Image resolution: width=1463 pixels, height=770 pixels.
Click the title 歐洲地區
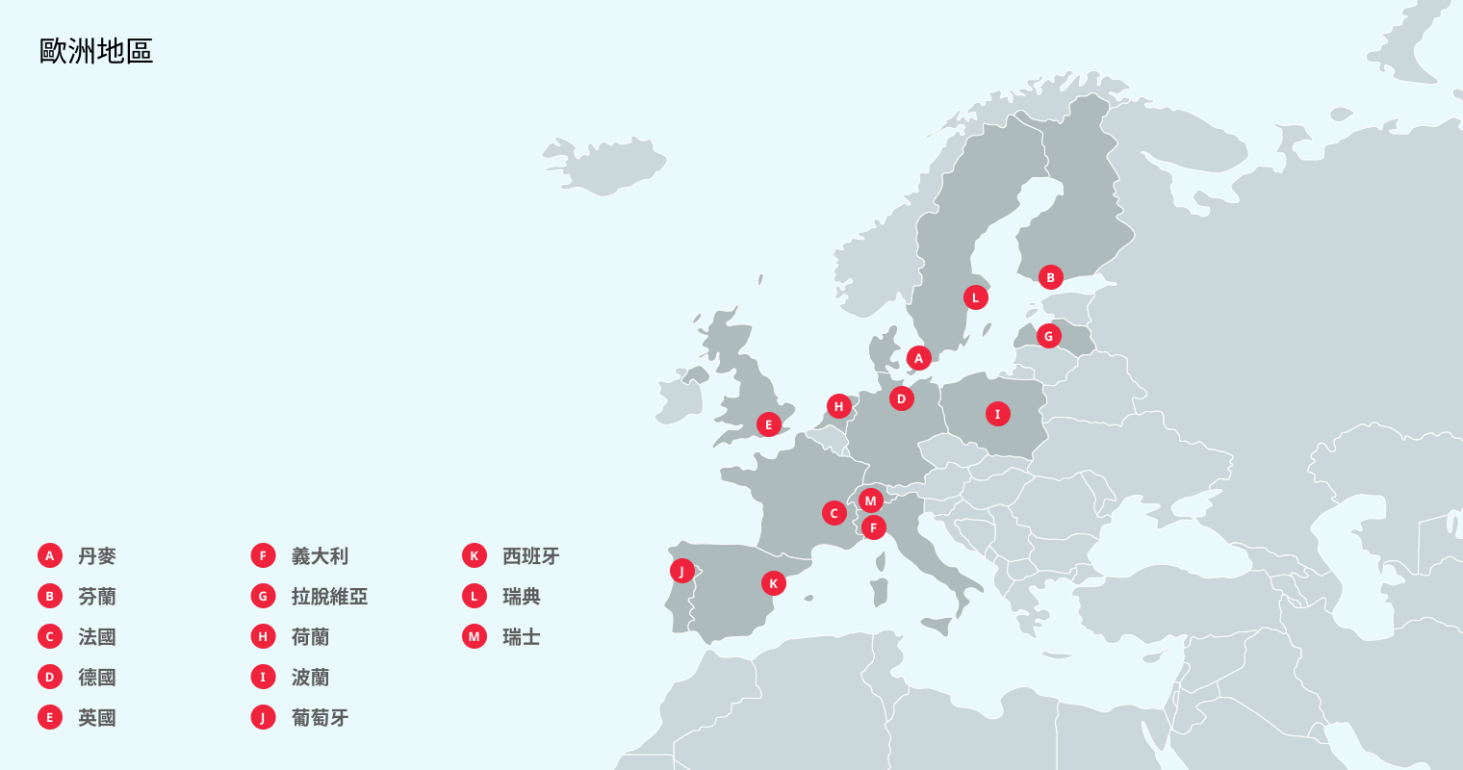pos(96,51)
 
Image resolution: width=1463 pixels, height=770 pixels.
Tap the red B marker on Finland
pos(1050,277)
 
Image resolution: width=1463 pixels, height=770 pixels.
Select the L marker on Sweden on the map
pos(975,297)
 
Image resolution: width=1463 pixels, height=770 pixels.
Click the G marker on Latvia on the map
pos(1048,336)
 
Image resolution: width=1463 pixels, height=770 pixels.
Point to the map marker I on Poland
pos(997,414)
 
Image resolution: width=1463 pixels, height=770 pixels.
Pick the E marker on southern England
pos(768,424)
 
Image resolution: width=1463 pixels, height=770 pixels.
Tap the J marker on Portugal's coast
pos(681,571)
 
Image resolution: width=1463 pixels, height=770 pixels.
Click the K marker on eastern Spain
pos(773,583)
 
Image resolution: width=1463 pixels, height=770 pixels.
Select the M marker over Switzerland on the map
pos(870,500)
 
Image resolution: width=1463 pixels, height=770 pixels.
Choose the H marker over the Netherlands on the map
pos(838,406)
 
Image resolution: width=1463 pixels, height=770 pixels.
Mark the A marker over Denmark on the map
pos(918,358)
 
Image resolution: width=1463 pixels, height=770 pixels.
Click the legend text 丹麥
pos(97,556)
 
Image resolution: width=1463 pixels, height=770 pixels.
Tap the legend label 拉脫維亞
pos(329,597)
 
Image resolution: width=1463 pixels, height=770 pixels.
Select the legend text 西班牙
pos(530,556)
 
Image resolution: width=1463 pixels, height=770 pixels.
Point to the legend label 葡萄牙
pos(320,718)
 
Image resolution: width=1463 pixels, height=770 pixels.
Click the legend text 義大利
pos(320,556)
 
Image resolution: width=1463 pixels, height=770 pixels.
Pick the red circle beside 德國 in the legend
pos(50,678)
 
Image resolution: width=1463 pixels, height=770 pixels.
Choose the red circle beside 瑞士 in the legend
pos(474,637)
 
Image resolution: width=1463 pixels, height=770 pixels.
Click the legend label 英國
pos(97,718)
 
